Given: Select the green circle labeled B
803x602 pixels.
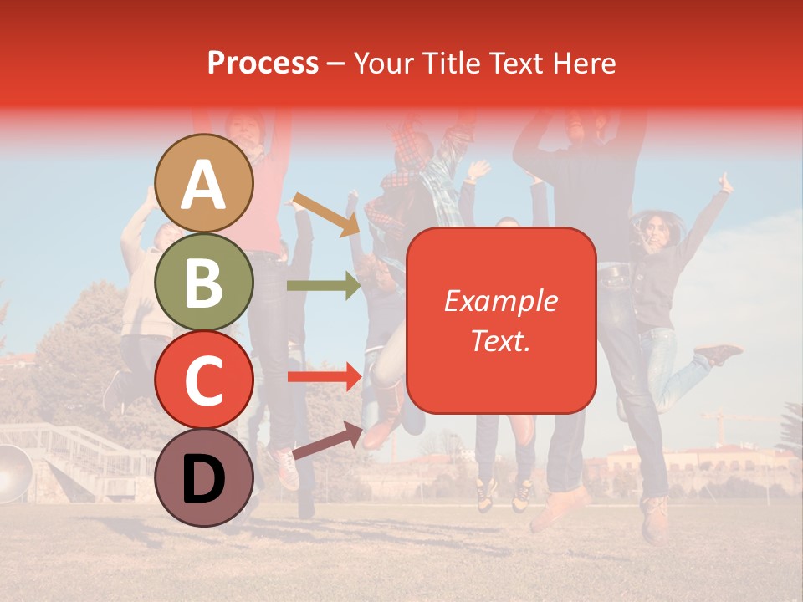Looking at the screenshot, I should pyautogui.click(x=204, y=283).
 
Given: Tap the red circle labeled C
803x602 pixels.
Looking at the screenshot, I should pyautogui.click(x=204, y=380).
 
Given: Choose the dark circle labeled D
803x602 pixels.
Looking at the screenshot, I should pyautogui.click(x=204, y=477).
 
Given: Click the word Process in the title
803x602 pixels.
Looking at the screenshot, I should pyautogui.click(x=263, y=63).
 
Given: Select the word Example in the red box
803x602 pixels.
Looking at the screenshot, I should pyautogui.click(x=501, y=301).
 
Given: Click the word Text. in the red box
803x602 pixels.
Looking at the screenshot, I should pyautogui.click(x=501, y=340).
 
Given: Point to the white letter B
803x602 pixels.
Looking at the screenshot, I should pyautogui.click(x=204, y=283).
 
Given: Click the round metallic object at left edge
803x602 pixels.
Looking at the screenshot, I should pyautogui.click(x=10, y=473).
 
